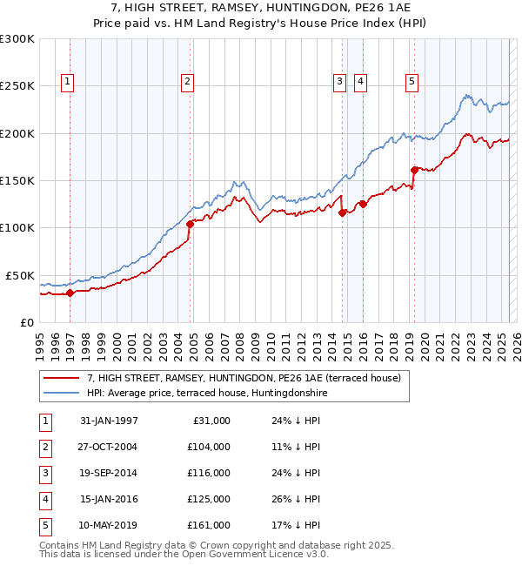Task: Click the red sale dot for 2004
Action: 190,224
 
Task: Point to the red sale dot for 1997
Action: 70,293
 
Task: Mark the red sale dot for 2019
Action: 415,170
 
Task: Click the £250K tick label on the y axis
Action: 17,86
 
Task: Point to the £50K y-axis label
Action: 21,275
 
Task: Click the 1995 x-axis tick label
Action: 39,340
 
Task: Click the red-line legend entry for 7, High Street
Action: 244,378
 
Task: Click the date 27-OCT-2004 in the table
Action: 109,446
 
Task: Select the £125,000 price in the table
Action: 209,499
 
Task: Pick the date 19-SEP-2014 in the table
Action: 109,473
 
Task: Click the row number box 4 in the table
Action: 43,499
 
